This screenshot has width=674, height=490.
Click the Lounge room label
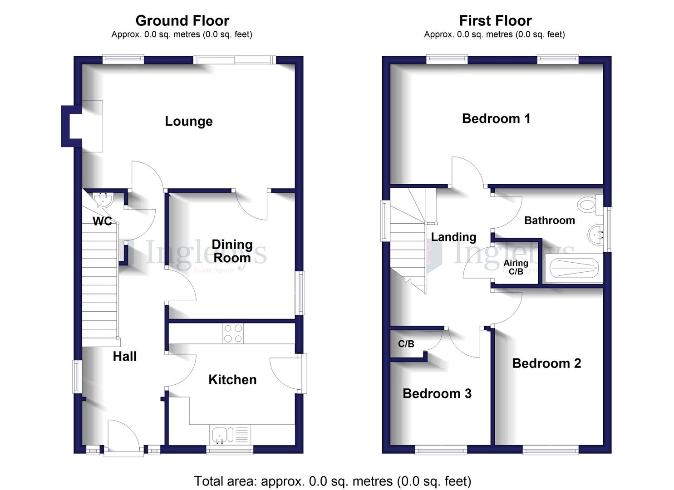(188, 122)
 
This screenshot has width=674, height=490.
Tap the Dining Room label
(232, 251)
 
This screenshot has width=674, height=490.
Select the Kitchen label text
(232, 380)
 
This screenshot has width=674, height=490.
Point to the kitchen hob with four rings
(233, 333)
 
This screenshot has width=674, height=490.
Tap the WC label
(102, 221)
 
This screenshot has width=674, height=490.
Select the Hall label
(125, 357)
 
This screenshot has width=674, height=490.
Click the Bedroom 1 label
(496, 119)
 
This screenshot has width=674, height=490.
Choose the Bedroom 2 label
(546, 363)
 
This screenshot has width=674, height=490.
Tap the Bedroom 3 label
(437, 394)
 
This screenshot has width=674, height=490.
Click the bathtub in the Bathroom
(574, 268)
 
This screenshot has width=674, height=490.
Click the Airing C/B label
(516, 267)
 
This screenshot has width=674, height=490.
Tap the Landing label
(453, 237)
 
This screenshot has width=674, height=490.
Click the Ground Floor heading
(182, 21)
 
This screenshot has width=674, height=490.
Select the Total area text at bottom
(333, 481)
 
